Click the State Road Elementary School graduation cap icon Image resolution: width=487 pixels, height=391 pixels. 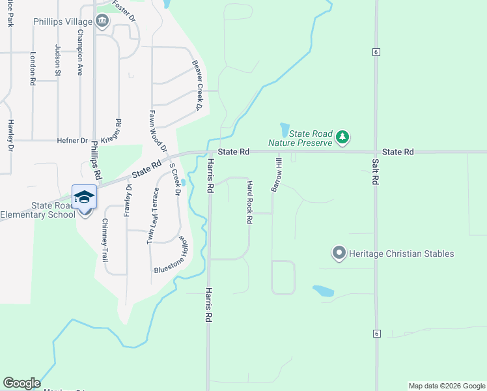pos(83,197)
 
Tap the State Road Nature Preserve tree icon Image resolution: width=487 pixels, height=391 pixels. pos(342,138)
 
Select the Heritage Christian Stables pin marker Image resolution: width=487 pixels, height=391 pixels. pos(339,253)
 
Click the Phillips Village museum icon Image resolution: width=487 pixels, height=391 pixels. pos(102,22)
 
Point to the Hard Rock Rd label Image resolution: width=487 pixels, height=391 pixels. pos(249,203)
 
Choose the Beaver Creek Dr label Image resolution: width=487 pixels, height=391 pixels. pos(198,85)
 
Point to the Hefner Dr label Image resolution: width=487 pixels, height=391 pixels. pos(72,140)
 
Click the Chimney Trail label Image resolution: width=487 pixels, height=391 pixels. pos(104,240)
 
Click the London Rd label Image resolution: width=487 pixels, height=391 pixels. pos(33,69)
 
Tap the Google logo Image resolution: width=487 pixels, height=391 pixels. pos(21,383)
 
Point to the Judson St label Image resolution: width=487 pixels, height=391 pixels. pos(57,60)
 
